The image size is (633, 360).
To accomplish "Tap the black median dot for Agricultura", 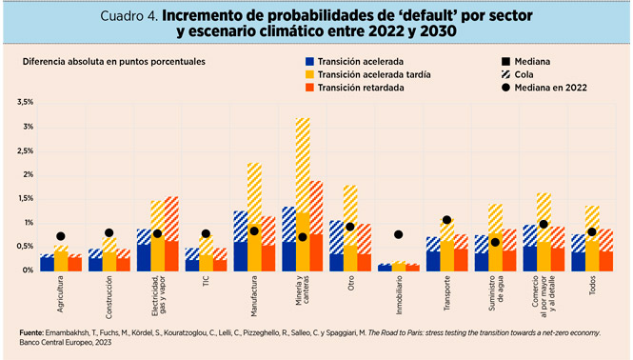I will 61,236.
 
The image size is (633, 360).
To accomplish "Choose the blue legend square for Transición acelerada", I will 298,59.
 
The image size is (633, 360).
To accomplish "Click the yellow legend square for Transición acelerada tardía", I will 298,72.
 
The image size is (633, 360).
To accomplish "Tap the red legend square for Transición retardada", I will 298,87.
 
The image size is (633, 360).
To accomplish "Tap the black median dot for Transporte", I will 447,220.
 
